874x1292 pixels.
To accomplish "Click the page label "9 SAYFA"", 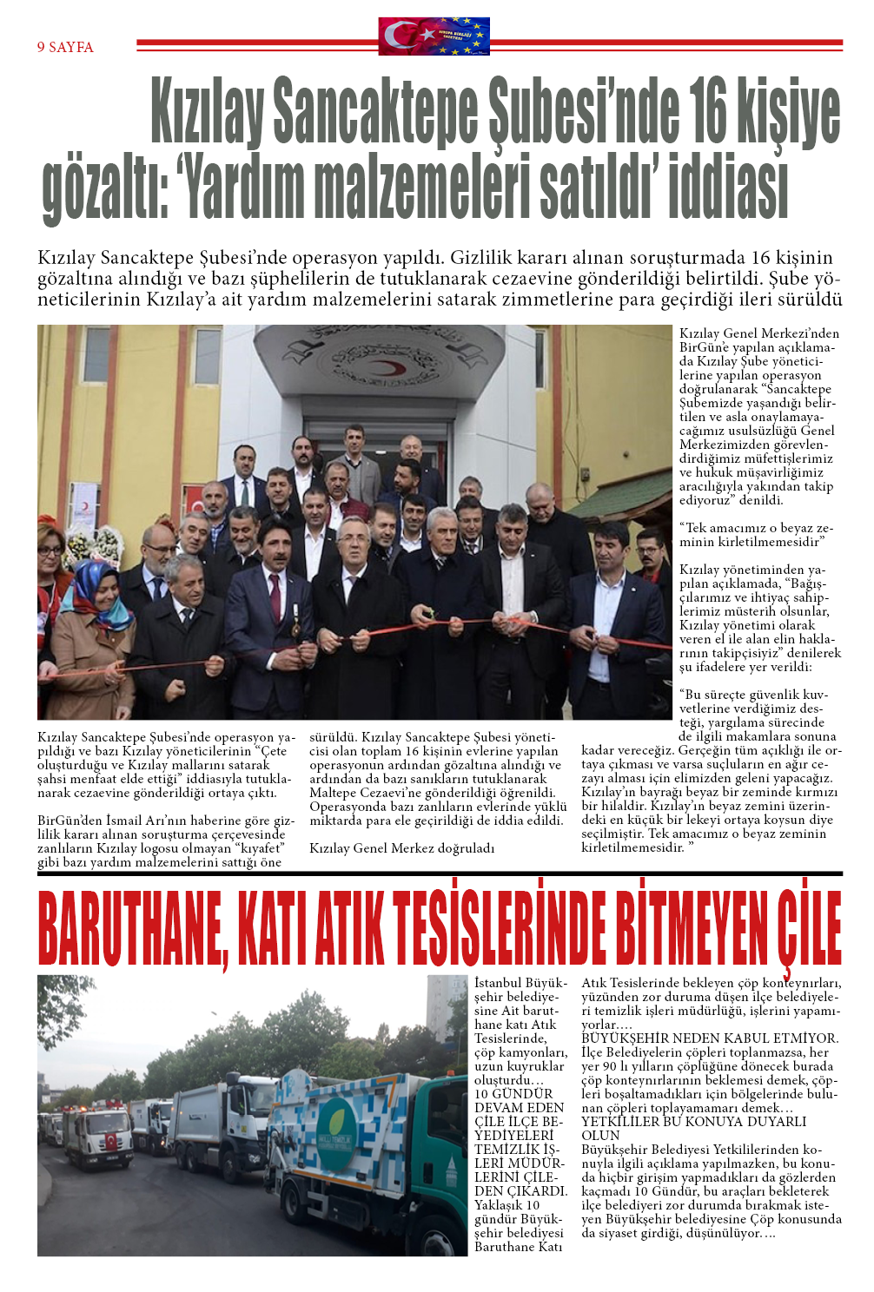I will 65,47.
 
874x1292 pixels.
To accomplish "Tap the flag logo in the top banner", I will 434,36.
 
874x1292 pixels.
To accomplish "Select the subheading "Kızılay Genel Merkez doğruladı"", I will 401,848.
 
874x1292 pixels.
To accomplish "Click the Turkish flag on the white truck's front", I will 111,1141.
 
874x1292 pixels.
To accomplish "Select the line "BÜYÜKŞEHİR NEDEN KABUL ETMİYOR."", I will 710,1038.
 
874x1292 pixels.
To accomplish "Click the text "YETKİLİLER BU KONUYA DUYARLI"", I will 693,1122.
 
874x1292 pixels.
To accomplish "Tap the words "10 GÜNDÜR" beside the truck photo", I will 513,1094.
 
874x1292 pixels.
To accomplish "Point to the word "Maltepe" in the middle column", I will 334,793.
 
